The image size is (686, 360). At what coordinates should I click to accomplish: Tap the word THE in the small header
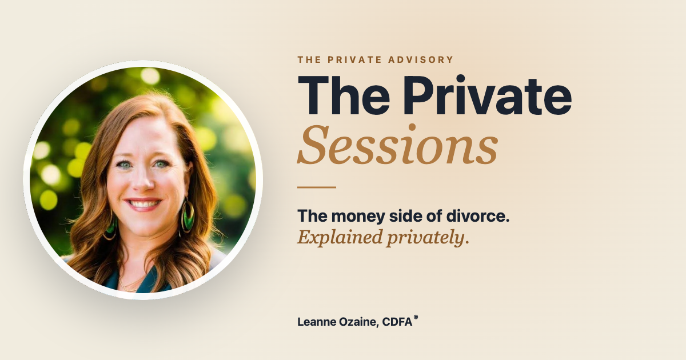tap(309, 59)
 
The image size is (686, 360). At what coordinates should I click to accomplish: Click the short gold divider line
tap(317, 187)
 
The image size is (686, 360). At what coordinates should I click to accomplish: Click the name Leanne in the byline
tap(316, 322)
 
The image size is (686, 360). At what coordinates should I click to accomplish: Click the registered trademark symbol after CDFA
tap(416, 318)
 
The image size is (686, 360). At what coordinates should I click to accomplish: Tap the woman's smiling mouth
tap(143, 203)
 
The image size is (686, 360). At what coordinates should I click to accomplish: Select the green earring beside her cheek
tap(187, 216)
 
